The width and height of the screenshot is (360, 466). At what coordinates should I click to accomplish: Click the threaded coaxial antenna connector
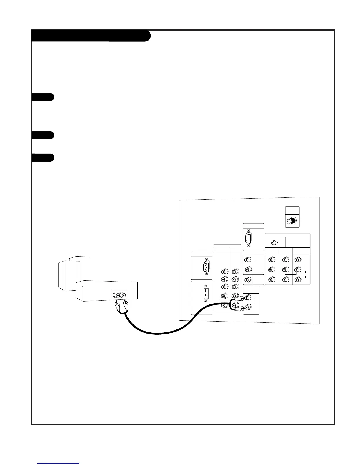click(292, 221)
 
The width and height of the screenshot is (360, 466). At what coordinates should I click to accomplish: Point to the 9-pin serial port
click(206, 267)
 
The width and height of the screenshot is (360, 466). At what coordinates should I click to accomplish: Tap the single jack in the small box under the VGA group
click(248, 280)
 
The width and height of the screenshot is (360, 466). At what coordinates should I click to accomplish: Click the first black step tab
click(43, 97)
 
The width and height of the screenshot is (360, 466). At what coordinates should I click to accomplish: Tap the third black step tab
click(43, 157)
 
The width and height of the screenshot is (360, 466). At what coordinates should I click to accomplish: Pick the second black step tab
click(43, 135)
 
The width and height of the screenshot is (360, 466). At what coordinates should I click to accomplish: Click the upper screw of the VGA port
click(249, 231)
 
